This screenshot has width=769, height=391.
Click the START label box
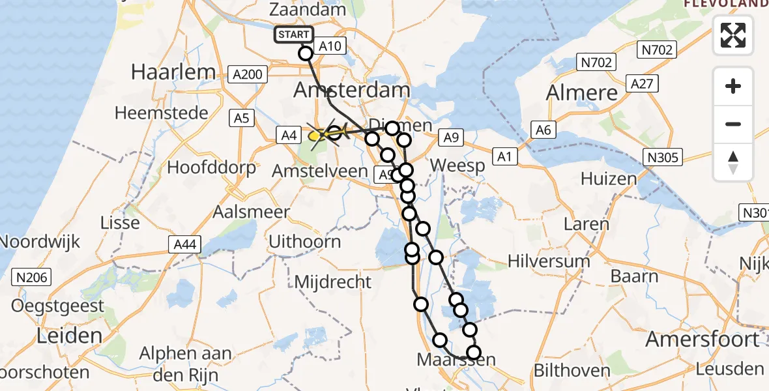point(294,35)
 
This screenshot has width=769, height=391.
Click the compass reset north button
point(733,162)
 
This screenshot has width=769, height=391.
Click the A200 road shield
point(248,74)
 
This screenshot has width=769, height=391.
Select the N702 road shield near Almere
point(596,63)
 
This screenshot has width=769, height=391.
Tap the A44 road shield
point(184,245)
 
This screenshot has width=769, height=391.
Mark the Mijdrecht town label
point(333,282)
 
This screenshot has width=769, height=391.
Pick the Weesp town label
point(458,166)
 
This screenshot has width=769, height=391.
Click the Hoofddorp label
point(212,167)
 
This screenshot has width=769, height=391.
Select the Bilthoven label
point(572,371)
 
